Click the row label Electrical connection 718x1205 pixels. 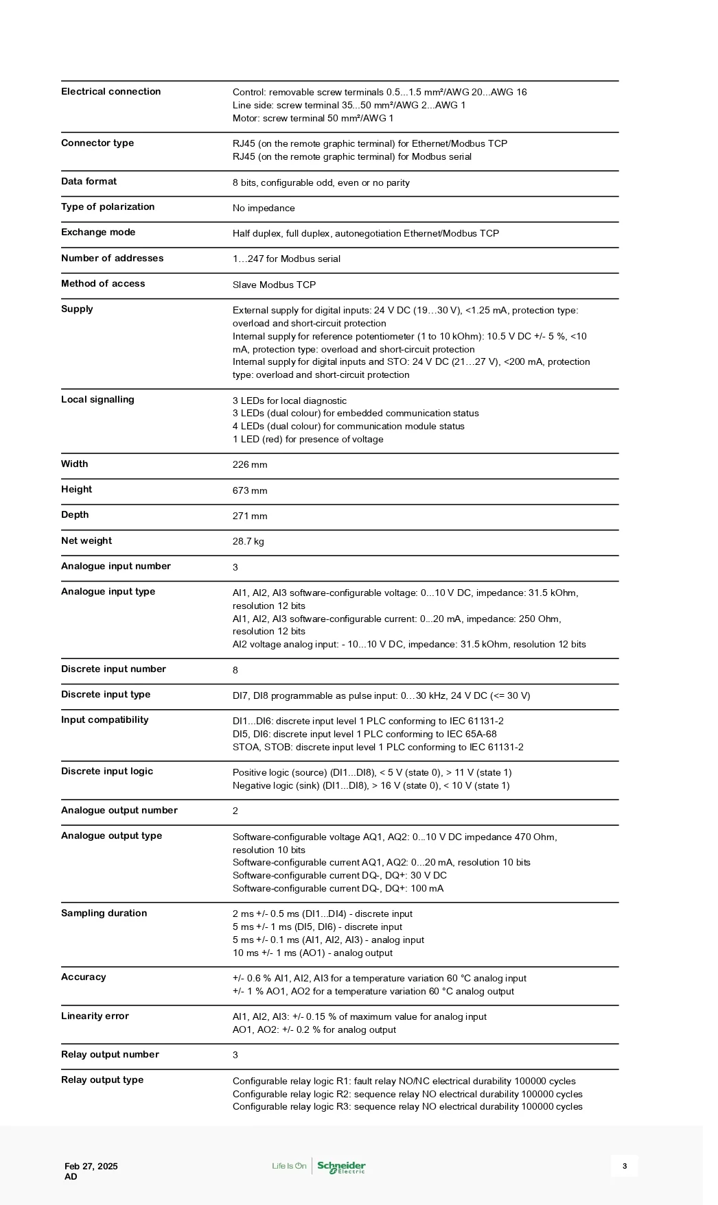pos(111,92)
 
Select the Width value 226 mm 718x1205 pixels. pos(250,465)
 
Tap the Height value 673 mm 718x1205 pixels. pos(250,491)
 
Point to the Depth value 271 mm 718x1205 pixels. pos(250,516)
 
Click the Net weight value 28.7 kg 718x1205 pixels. pos(248,542)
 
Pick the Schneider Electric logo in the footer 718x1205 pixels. pos(341,1167)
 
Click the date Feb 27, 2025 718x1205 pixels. pos(91,1167)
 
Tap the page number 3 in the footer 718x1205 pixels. pos(624,1166)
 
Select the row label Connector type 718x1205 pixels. pos(97,143)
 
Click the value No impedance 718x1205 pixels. pos(264,208)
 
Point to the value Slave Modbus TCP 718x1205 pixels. pos(274,285)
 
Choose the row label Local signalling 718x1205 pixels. pos(97,400)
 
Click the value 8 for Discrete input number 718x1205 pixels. pos(235,671)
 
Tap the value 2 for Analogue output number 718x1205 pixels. pos(235,811)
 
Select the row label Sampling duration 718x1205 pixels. pos(104,914)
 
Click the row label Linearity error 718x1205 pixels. pos(95,1016)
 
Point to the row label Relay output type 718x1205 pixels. pos(102,1080)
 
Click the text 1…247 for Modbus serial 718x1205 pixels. pos(286,259)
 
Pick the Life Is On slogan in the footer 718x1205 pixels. pos(289,1166)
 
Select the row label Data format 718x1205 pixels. pos(89,182)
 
